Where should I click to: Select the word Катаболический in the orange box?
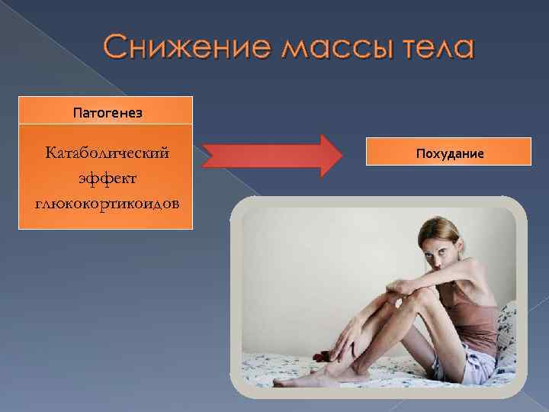(107, 153)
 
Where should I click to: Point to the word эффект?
(107, 177)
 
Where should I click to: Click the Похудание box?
(449, 153)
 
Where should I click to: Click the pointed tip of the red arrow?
(342, 156)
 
